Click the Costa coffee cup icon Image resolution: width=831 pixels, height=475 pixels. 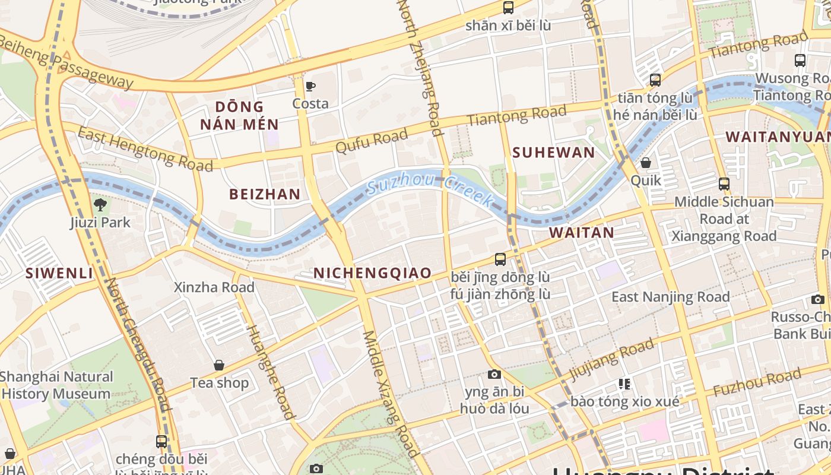tap(310, 87)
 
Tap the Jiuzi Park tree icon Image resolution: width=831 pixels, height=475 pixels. tap(100, 205)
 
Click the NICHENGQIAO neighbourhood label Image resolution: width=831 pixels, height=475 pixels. tap(372, 273)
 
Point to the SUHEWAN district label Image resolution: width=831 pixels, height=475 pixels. tap(553, 153)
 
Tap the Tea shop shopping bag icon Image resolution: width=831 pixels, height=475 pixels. tap(219, 365)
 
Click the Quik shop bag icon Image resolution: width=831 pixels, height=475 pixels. tap(646, 163)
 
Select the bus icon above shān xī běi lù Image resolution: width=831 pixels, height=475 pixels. tap(508, 8)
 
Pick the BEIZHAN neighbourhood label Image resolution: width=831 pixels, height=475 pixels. tap(265, 194)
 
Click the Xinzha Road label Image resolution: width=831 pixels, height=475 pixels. tap(214, 287)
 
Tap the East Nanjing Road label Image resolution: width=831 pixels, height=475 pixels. tap(671, 297)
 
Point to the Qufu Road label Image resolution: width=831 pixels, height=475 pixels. tap(372, 141)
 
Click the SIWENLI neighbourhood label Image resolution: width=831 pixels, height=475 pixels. tap(59, 273)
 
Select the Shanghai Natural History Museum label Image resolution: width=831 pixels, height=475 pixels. tap(56, 385)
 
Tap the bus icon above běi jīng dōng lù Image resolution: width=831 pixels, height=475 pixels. tap(500, 259)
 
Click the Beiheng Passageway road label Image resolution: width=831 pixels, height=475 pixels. tap(65, 61)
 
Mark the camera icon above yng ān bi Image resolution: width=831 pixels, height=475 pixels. tap(494, 374)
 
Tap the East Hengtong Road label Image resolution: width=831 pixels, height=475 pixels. tap(145, 149)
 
